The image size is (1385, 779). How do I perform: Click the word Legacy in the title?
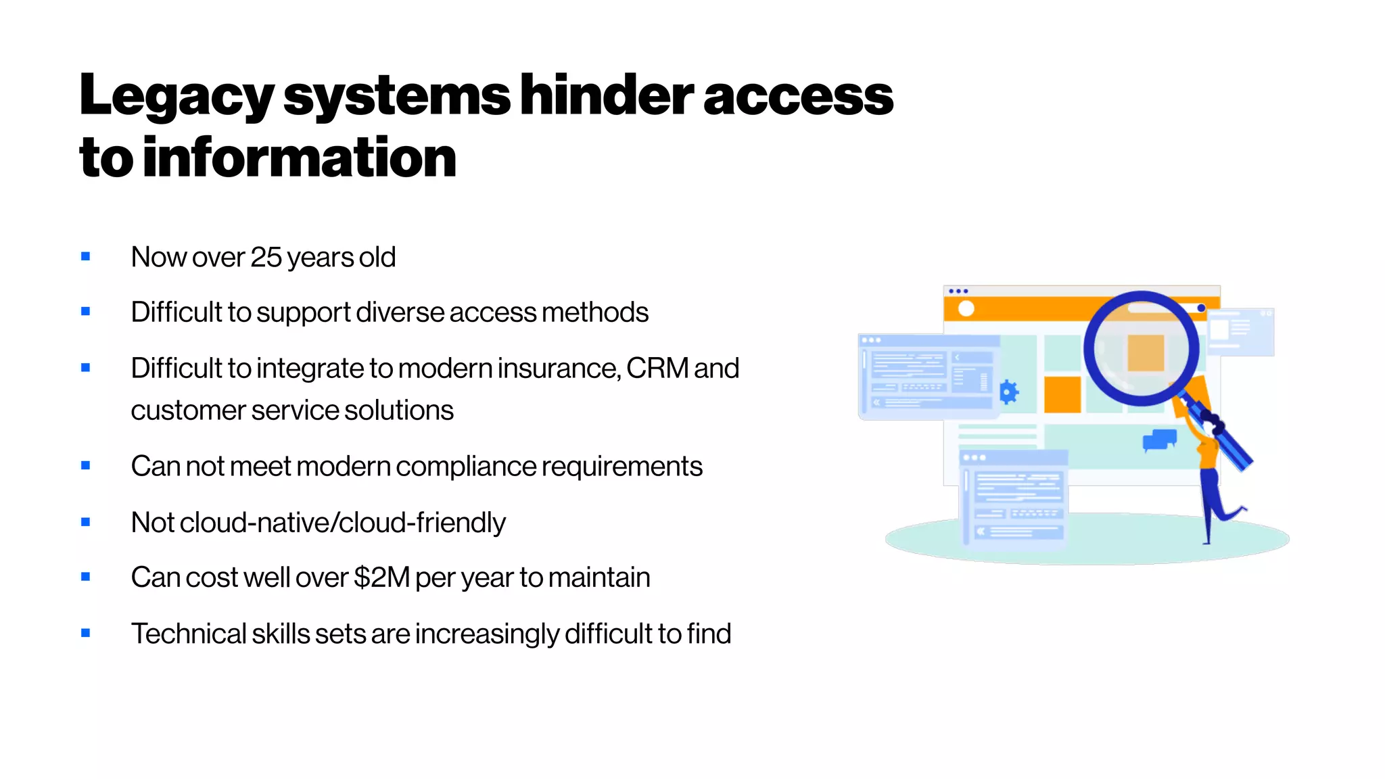click(x=177, y=96)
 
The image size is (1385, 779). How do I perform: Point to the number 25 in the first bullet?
click(x=266, y=258)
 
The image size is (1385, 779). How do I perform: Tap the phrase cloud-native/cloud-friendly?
click(x=342, y=523)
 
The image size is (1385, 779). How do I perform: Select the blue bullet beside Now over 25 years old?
click(x=85, y=256)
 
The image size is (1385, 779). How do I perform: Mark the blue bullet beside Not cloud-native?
click(x=85, y=522)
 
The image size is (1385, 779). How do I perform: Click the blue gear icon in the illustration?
click(x=1008, y=392)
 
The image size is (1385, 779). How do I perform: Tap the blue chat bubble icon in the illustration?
click(x=1160, y=440)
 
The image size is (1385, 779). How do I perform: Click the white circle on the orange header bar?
click(x=966, y=308)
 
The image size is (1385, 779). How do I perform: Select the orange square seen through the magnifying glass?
click(x=1146, y=353)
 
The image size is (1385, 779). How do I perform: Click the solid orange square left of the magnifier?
click(x=1062, y=394)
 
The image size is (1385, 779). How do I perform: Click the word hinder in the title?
click(x=607, y=96)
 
